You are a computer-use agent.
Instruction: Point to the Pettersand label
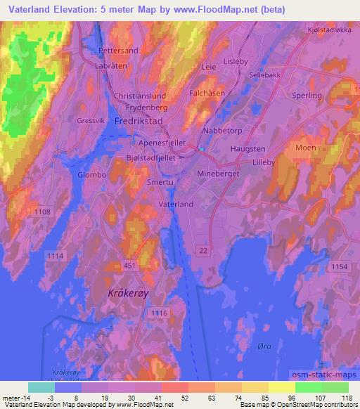coord(117,51)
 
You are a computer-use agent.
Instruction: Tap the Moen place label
coord(306,148)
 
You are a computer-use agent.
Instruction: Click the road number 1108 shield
coord(43,211)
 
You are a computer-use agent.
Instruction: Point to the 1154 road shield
coord(340,267)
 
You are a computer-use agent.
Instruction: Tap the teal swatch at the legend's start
coord(41,387)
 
